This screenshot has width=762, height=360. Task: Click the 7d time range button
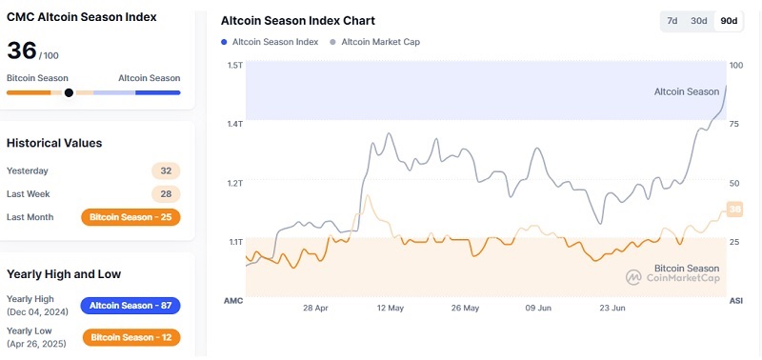click(672, 21)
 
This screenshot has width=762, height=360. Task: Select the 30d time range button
click(699, 21)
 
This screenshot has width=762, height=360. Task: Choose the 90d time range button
click(729, 21)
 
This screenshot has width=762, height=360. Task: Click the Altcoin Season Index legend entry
click(270, 42)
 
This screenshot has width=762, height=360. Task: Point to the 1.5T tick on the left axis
click(234, 65)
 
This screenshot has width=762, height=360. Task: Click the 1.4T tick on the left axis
click(234, 124)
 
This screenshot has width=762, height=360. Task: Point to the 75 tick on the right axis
click(734, 124)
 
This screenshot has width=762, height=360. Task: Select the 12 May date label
click(391, 308)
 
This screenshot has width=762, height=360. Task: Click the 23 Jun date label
click(612, 308)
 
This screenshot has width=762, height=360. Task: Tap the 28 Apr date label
click(315, 308)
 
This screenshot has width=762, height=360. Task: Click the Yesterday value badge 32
click(166, 171)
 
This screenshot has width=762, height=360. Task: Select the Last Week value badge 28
click(166, 194)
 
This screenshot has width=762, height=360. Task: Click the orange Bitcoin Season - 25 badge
click(130, 217)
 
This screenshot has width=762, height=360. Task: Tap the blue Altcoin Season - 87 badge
click(130, 306)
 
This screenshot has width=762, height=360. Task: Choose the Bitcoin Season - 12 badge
click(130, 337)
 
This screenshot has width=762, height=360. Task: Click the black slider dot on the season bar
click(69, 92)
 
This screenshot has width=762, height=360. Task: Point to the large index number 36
click(22, 51)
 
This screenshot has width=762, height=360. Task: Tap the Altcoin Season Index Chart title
click(297, 20)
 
